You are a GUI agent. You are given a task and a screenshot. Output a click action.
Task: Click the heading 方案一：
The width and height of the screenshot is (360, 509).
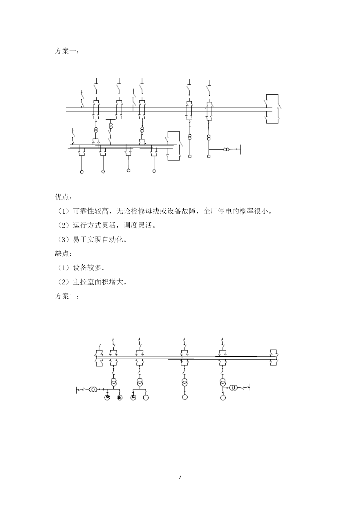pos(66,51)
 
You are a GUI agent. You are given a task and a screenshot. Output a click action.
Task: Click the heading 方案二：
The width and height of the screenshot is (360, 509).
pos(66,296)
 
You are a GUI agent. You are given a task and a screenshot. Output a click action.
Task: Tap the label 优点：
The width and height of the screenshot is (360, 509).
pos(63,197)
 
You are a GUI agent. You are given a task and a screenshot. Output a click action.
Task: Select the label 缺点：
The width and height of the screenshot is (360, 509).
pos(63,253)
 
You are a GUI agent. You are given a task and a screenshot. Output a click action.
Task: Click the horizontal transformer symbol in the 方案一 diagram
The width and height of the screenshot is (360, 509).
pos(226,149)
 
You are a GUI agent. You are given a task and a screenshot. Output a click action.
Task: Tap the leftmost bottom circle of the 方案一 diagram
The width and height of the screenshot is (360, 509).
pos(82,172)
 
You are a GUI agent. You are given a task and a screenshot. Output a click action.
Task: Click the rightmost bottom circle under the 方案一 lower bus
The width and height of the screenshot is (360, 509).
pos(154,171)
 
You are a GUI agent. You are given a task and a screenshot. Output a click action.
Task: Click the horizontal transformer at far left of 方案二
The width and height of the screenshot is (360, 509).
pos(93,389)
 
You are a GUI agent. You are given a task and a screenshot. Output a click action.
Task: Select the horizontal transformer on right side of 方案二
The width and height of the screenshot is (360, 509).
pos(234,387)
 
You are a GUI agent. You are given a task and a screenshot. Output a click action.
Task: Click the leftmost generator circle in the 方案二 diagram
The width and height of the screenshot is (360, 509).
pos(107,397)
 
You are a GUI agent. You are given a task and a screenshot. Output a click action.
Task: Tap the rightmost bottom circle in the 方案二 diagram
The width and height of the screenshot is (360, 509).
pos(223,397)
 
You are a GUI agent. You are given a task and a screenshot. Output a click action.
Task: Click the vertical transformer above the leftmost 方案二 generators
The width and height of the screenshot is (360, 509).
pos(113,382)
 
